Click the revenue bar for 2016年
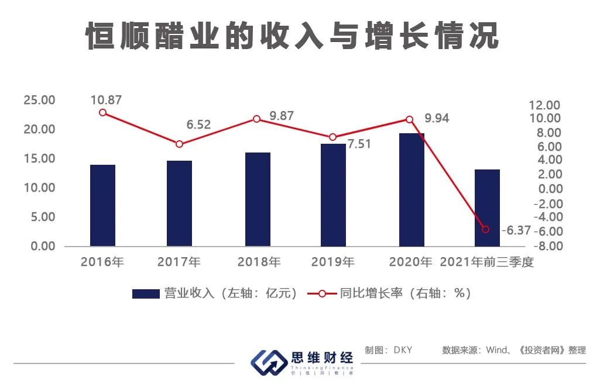pyautogui.click(x=102, y=205)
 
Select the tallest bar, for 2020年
pyautogui.click(x=412, y=189)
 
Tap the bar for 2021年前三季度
pyautogui.click(x=487, y=207)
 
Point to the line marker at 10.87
pyautogui.click(x=102, y=112)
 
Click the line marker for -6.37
pyautogui.click(x=485, y=229)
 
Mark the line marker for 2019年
pyautogui.click(x=333, y=137)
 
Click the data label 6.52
pyautogui.click(x=198, y=124)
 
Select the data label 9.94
pyautogui.click(x=437, y=118)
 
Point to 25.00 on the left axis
pyautogui.click(x=39, y=101)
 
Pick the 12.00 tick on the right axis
pyautogui.click(x=545, y=105)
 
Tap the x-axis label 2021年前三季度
pyautogui.click(x=487, y=261)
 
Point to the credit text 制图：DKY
pyautogui.click(x=389, y=350)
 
